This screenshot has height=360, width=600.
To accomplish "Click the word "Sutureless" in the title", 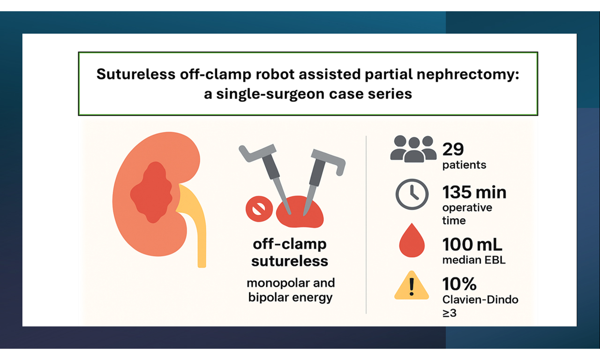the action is point(136,74).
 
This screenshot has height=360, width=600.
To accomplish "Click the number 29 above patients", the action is point(453,149).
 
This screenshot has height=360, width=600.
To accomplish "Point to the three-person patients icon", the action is point(413,149).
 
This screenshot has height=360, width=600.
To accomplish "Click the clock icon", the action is point(412,194).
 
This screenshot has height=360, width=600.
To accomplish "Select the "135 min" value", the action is point(474,192).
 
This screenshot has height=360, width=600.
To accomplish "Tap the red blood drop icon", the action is point(412,240).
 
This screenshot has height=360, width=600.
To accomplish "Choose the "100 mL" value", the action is point(472,245).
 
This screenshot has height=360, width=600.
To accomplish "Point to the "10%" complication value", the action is point(459,284).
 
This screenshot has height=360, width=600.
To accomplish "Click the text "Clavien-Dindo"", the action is point(480,300).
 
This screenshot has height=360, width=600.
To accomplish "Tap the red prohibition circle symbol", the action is point(259,209).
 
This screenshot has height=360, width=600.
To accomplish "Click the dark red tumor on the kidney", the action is point(151,193).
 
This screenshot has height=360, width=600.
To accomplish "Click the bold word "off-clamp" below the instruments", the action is point(290,244).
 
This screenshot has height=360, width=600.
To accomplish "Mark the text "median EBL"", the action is point(474,260).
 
